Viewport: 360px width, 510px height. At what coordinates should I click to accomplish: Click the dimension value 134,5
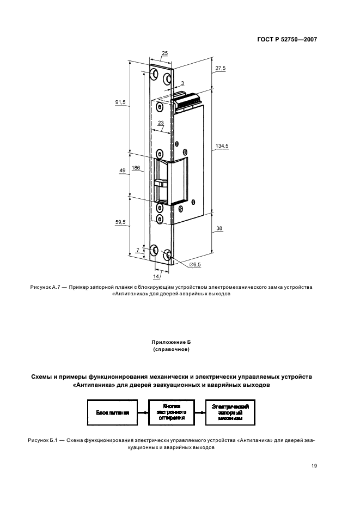(x=222, y=145)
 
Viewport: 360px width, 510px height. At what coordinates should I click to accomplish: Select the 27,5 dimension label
(x=220, y=68)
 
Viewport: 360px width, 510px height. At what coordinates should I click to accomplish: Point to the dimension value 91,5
(x=121, y=102)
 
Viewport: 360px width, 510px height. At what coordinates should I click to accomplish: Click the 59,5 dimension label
(x=121, y=222)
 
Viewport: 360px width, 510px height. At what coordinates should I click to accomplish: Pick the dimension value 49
(x=122, y=171)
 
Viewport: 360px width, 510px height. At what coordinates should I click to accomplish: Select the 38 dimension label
(x=219, y=228)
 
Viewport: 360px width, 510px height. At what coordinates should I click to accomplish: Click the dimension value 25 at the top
(x=165, y=53)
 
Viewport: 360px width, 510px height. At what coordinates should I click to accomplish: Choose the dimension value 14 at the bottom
(x=157, y=276)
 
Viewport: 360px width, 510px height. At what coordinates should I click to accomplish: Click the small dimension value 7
(x=138, y=251)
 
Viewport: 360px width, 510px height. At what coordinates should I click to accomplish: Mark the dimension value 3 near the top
(x=182, y=83)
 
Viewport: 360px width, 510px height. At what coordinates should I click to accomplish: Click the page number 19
(x=314, y=465)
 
